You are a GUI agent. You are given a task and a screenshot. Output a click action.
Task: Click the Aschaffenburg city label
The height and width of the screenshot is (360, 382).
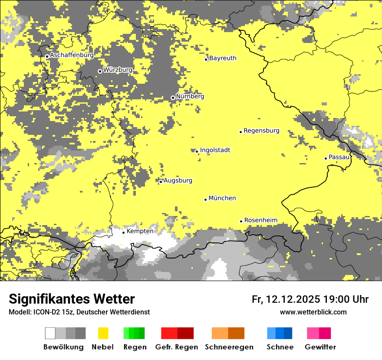[x=72, y=55]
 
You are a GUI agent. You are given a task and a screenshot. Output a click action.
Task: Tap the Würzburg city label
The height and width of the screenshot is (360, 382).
[x=118, y=70]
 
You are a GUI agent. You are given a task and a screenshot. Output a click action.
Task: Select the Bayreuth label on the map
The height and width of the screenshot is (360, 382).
[x=223, y=58]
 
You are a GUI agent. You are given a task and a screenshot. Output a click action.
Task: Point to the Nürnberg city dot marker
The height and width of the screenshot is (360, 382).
[x=173, y=98]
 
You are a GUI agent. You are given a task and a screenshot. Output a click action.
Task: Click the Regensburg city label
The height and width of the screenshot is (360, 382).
[x=261, y=131]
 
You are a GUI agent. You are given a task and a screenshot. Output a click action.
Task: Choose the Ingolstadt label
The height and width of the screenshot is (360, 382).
[x=215, y=150]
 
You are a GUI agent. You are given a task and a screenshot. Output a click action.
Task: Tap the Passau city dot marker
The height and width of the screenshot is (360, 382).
[x=326, y=158]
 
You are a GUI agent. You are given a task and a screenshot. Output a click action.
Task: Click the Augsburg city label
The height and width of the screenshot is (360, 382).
[x=178, y=180]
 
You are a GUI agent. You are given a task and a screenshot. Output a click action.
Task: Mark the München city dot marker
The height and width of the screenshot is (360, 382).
[x=205, y=200]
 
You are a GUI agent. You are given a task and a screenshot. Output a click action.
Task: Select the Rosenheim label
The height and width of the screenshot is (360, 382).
[x=260, y=220]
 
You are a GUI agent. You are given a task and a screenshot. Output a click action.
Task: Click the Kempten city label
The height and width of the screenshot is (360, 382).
[x=140, y=231]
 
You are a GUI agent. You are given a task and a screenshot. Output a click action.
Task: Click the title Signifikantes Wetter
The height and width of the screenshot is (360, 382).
[x=72, y=299]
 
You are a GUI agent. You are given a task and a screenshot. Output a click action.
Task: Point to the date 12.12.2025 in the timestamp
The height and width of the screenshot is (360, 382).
[x=293, y=299]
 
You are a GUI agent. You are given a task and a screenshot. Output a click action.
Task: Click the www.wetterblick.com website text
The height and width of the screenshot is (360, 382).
[x=313, y=312]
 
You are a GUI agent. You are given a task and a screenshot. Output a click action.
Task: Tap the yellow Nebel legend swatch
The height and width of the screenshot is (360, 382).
[x=103, y=333]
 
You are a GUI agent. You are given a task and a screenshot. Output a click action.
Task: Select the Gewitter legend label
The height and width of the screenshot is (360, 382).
[x=320, y=347]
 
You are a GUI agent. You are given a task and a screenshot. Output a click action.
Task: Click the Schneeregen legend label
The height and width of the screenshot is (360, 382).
[x=229, y=347]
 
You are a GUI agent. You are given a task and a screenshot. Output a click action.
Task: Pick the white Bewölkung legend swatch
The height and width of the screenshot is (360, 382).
[x=50, y=333]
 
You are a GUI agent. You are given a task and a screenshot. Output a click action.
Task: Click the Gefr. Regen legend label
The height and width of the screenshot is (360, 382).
[x=176, y=347]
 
